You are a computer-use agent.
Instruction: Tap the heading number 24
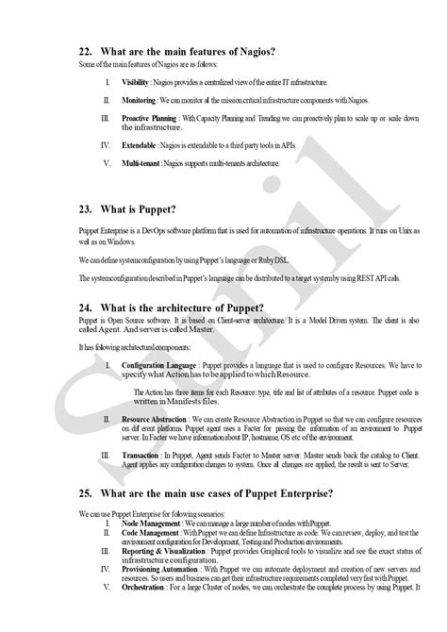pos(86,308)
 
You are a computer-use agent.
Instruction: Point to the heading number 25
pos(86,493)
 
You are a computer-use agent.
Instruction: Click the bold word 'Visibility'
pos(135,83)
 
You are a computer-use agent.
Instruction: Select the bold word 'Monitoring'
pos(138,99)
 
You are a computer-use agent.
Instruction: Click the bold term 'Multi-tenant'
pos(141,163)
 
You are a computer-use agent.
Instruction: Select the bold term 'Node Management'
pos(153,523)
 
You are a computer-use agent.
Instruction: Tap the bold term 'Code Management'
pos(153,533)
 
